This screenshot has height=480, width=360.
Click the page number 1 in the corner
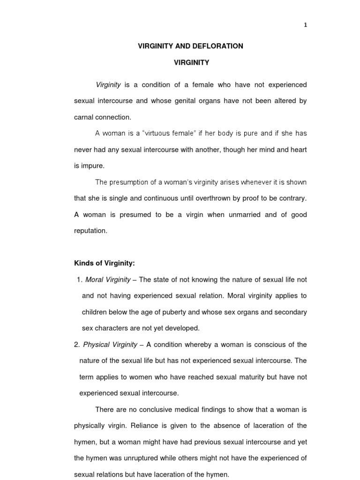tap(306, 25)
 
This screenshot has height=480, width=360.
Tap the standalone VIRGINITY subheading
tap(191, 62)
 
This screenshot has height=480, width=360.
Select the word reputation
tap(91, 231)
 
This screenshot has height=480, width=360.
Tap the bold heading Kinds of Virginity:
tap(105, 263)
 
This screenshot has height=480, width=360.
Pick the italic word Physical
tap(96, 345)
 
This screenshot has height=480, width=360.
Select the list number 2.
tap(76, 345)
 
